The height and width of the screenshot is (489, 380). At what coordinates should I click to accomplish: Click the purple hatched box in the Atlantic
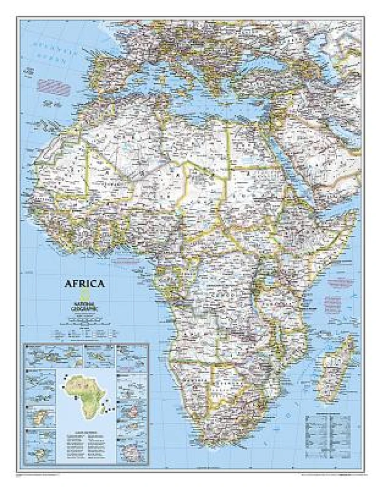(x=54, y=87)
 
